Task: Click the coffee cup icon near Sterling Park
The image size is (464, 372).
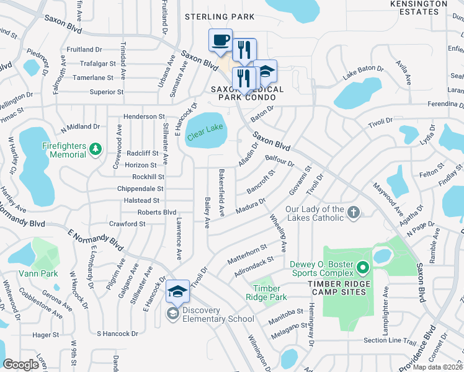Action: pyautogui.click(x=220, y=41)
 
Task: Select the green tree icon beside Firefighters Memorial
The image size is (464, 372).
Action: pyautogui.click(x=95, y=149)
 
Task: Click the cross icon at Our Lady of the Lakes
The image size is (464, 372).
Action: pyautogui.click(x=354, y=213)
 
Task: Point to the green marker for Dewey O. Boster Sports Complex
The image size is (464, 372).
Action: pyautogui.click(x=363, y=269)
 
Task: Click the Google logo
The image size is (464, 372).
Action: pyautogui.click(x=21, y=365)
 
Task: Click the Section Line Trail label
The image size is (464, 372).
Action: pyautogui.click(x=390, y=340)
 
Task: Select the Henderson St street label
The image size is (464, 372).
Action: pyautogui.click(x=143, y=116)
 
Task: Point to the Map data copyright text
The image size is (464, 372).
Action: pyautogui.click(x=438, y=367)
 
